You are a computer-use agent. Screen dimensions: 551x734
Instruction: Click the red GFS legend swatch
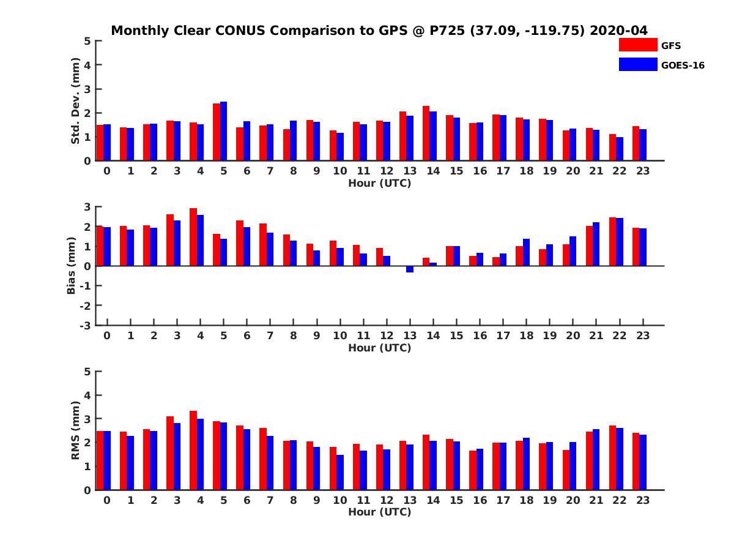(638, 45)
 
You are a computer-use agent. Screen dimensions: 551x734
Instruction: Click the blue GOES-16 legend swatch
(638, 64)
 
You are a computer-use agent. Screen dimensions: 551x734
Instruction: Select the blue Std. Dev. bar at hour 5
(223, 131)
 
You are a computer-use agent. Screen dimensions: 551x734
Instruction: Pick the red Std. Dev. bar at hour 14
(426, 133)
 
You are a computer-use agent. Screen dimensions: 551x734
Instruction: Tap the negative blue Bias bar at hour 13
(410, 269)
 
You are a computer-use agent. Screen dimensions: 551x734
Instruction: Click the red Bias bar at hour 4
(193, 237)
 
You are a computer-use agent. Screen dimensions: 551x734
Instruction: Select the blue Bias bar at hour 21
(596, 244)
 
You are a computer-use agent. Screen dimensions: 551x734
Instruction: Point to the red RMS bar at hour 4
(193, 450)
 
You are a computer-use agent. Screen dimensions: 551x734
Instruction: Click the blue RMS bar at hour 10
(340, 472)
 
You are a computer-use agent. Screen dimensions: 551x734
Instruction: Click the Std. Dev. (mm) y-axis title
(76, 101)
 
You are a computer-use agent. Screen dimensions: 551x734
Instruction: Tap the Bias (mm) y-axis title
(72, 266)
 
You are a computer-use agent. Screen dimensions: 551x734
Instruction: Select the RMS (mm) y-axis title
(76, 430)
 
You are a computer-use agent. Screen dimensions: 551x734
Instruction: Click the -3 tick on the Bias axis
(85, 325)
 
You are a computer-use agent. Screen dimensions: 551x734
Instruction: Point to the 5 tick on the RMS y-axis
(87, 372)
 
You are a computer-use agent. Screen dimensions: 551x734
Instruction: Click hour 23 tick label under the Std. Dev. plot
(643, 171)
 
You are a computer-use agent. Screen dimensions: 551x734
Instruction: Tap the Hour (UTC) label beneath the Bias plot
(379, 348)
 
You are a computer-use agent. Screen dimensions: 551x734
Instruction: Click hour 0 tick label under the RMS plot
(107, 500)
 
